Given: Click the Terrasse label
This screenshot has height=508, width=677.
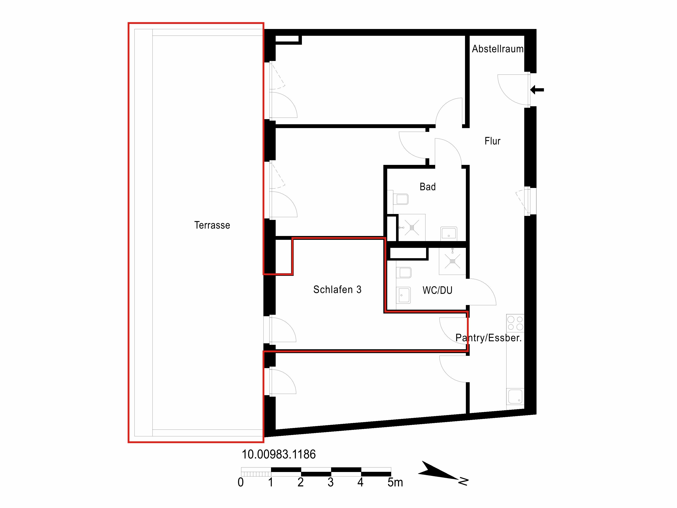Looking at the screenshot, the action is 212,225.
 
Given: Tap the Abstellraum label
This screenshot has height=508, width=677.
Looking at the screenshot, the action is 498,49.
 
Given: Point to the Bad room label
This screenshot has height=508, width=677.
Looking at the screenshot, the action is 428,186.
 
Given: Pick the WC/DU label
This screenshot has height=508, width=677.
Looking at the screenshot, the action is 437,290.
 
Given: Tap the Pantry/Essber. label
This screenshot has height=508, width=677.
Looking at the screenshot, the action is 488,338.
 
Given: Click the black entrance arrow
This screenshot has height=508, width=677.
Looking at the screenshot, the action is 537,90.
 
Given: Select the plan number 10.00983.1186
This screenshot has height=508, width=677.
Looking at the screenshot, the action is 278,454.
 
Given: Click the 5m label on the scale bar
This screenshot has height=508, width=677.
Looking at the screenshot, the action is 395,482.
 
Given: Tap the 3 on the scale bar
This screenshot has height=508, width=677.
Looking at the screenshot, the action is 330,482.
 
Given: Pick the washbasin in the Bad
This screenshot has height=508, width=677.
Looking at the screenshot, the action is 449,233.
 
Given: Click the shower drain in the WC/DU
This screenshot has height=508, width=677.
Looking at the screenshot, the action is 452,261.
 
